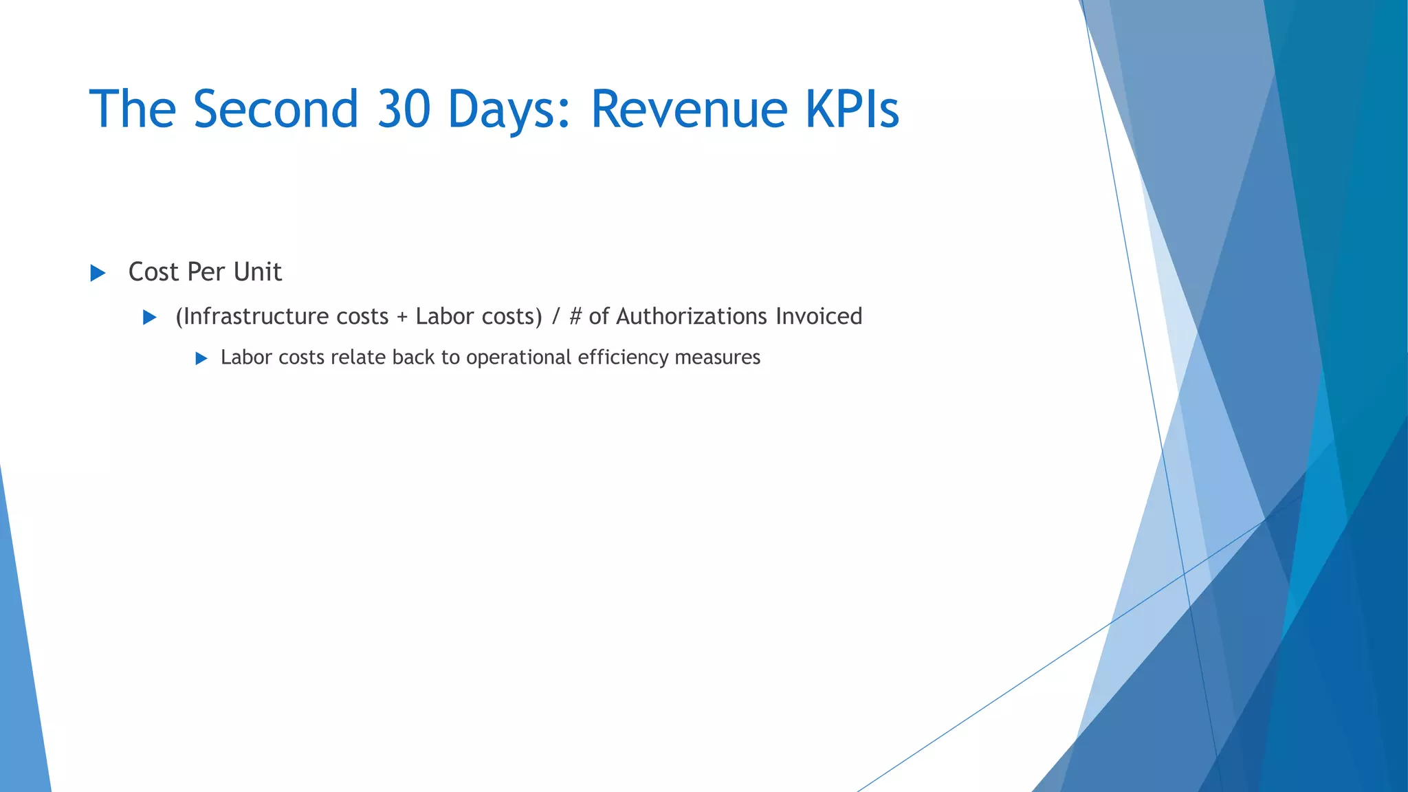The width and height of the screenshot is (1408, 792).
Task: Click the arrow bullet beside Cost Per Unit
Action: (98, 273)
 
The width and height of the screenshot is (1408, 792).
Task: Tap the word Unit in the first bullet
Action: (258, 272)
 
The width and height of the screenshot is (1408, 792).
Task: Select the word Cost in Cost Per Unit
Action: (153, 272)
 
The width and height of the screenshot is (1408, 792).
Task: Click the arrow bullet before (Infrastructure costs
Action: (149, 317)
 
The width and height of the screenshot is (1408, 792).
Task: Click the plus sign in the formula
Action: (402, 317)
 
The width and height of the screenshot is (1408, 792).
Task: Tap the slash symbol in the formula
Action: (555, 316)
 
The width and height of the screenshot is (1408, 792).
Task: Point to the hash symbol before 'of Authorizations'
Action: (575, 316)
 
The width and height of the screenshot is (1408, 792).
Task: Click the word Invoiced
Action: (819, 316)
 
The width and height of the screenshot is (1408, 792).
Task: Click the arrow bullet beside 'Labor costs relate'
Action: (201, 358)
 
